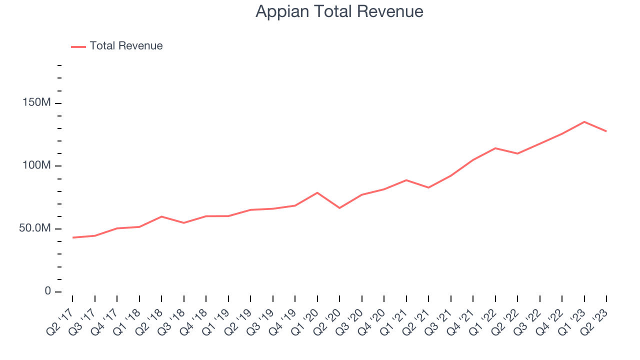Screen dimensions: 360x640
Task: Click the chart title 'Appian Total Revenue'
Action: click(339, 11)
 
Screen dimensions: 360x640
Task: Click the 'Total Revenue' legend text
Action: click(126, 46)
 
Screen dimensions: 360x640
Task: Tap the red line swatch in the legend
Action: click(78, 46)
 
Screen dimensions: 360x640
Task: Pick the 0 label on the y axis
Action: click(48, 291)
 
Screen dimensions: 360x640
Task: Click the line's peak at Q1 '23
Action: click(584, 121)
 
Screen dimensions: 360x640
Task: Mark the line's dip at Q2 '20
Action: click(339, 208)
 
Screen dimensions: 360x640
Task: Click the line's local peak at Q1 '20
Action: click(317, 192)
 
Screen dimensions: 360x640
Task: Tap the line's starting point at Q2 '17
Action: click(73, 237)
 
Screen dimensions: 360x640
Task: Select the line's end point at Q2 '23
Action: click(606, 131)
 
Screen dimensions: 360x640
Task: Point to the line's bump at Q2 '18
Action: click(161, 216)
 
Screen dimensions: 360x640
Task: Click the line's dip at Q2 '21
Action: click(428, 187)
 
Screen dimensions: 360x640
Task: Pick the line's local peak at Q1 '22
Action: click(495, 148)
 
